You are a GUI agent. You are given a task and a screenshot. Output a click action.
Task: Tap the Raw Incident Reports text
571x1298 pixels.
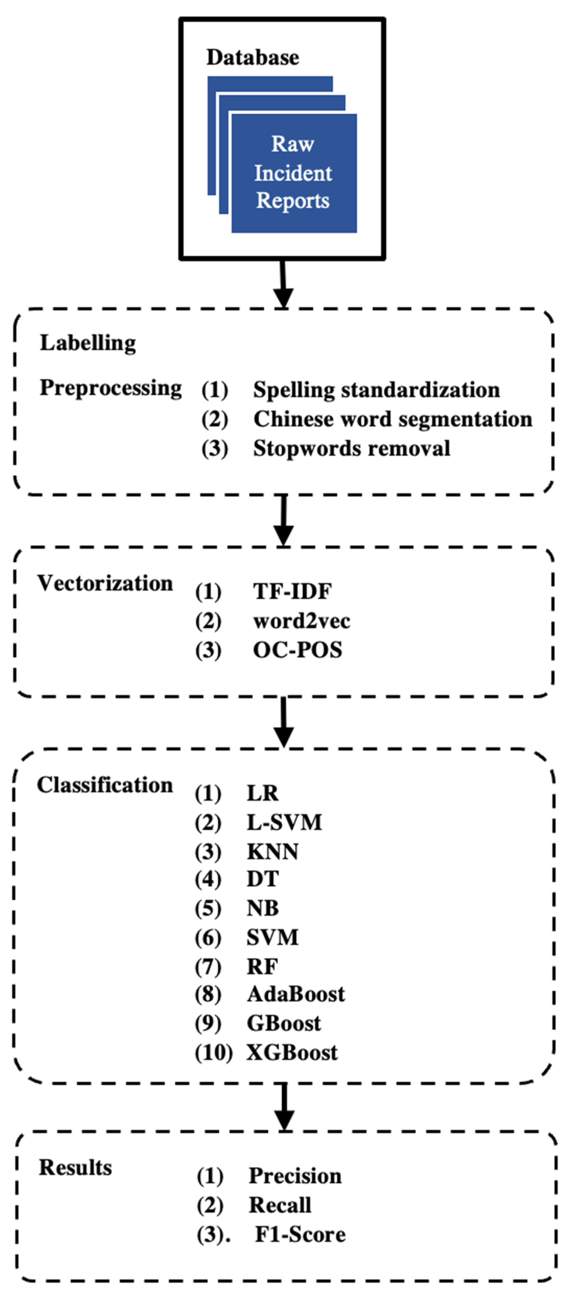293,172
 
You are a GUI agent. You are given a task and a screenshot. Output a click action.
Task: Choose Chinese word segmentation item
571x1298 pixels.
392,419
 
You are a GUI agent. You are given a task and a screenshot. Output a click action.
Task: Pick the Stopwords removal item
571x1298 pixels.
352,449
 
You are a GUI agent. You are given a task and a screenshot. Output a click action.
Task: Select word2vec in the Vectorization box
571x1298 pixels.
301,621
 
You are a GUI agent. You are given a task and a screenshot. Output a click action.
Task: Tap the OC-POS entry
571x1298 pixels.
297,650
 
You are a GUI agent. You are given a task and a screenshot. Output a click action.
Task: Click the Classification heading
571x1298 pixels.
105,785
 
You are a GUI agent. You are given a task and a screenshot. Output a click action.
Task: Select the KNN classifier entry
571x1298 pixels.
272,852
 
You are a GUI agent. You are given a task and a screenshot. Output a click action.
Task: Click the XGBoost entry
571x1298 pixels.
292,1052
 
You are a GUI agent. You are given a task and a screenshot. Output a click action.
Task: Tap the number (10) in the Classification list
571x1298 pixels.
213,1052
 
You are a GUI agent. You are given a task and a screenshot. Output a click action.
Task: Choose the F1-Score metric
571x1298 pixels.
300,1234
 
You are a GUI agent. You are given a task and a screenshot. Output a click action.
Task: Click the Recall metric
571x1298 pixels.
280,1205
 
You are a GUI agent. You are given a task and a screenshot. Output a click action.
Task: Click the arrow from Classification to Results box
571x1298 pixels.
285,1107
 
